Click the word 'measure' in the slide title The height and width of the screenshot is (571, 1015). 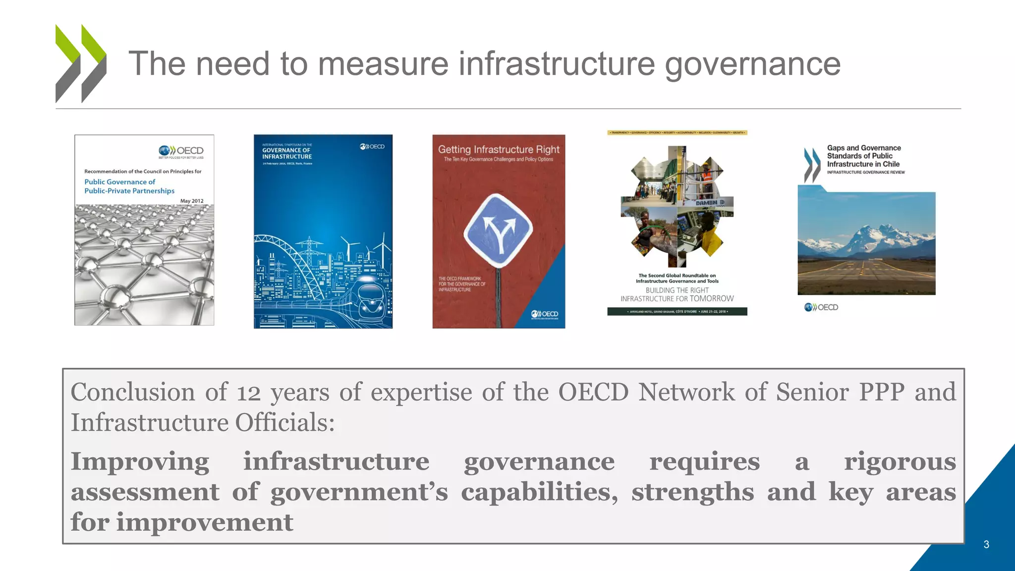tap(383, 64)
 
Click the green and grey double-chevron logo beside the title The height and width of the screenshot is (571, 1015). tap(81, 63)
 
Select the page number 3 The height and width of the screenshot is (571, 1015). tap(986, 545)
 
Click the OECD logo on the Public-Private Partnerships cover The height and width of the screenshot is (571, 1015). tap(181, 151)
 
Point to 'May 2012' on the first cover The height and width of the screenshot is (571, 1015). tap(192, 201)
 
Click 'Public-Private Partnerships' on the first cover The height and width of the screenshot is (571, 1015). tap(129, 191)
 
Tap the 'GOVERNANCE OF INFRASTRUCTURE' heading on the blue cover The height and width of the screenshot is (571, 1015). tap(287, 153)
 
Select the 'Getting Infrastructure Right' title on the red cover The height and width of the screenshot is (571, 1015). tap(499, 150)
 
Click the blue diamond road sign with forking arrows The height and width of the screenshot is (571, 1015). tap(499, 230)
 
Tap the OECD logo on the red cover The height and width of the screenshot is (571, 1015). tap(545, 314)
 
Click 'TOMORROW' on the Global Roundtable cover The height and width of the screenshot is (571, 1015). tap(712, 298)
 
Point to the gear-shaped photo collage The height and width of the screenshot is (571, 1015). tap(677, 207)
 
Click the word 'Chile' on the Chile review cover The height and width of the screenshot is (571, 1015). tap(891, 164)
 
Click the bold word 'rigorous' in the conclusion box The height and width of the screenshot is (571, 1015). tap(900, 461)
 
